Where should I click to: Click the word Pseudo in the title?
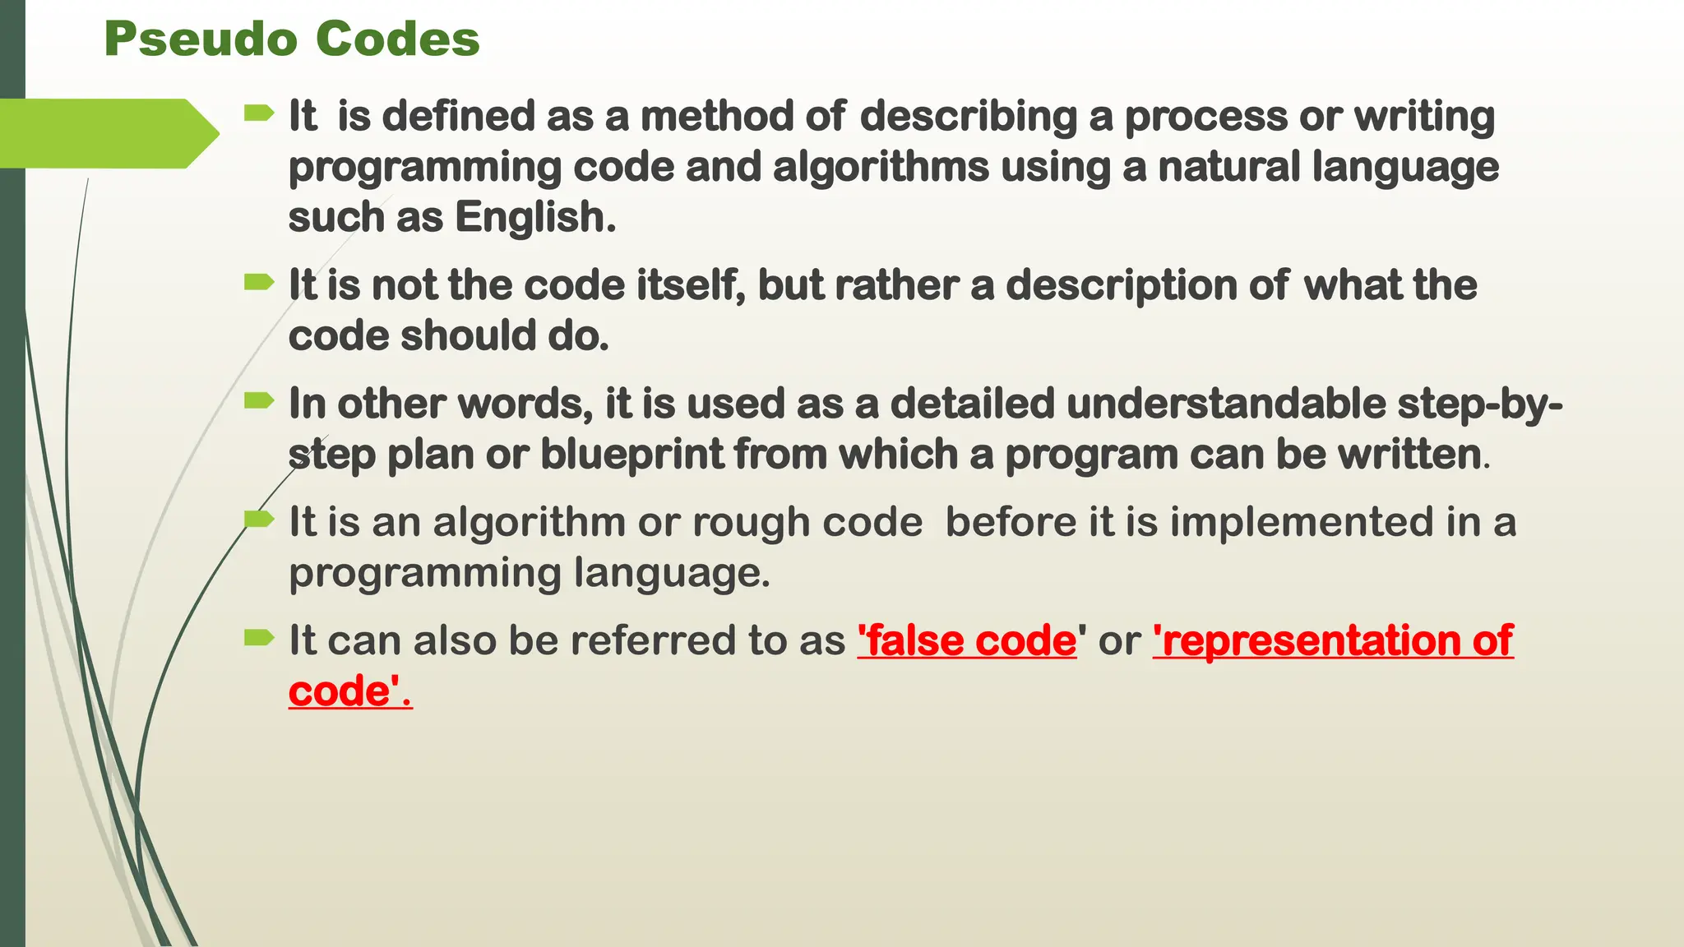tap(200, 39)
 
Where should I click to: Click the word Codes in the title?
tap(397, 39)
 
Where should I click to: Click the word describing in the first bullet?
tap(968, 116)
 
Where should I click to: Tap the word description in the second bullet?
tap(1122, 286)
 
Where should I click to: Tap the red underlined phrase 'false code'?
tap(967, 640)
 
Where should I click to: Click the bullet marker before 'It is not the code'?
tap(259, 283)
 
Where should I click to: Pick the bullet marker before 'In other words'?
tap(259, 401)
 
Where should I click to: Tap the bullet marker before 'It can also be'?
tap(259, 637)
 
